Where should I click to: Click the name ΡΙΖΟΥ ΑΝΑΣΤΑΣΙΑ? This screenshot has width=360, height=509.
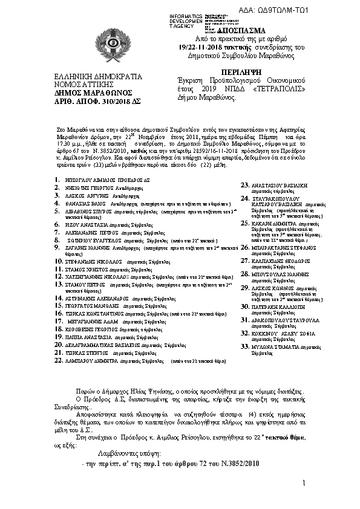[87, 223]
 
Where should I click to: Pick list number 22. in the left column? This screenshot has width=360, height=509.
[59, 360]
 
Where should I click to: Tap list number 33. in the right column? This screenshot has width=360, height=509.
[246, 346]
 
